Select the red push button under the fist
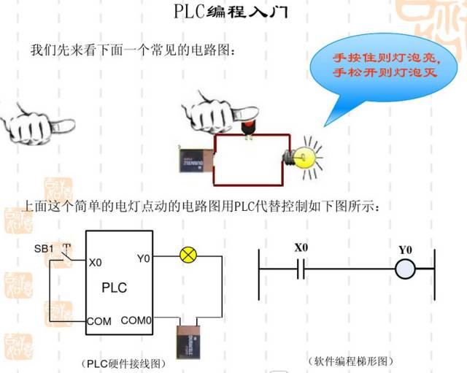click(x=249, y=126)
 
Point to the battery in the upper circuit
click(x=195, y=159)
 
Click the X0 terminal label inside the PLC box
click(x=95, y=262)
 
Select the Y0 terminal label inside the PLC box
click(x=144, y=257)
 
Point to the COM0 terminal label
click(x=136, y=320)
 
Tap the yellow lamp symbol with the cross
click(x=188, y=255)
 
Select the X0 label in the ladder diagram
click(x=301, y=247)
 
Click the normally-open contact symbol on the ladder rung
click(x=300, y=271)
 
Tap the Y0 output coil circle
click(x=405, y=271)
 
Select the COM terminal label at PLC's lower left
click(x=99, y=320)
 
